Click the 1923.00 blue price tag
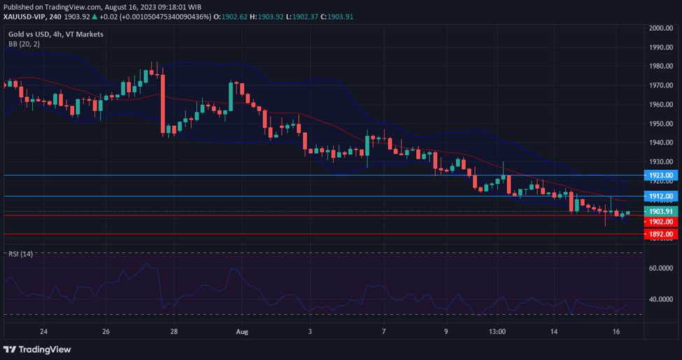point(660,175)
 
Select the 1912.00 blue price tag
point(660,196)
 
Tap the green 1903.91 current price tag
point(660,211)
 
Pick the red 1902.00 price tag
point(660,222)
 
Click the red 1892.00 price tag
point(660,234)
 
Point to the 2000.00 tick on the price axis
point(660,28)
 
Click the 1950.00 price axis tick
point(660,124)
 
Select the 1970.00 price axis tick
point(660,85)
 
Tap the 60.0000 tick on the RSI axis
point(660,268)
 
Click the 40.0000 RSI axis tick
point(660,299)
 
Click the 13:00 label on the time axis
point(497,331)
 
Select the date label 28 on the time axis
point(173,331)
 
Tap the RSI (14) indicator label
point(21,253)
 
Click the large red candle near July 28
point(162,103)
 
